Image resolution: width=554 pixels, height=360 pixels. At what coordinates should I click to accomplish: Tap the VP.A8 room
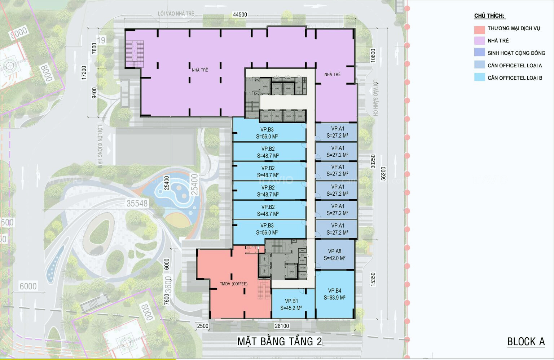click(x=334, y=255)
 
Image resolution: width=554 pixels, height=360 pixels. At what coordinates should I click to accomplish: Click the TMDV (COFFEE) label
click(x=234, y=284)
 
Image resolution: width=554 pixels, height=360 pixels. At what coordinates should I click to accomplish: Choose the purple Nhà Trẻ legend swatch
click(x=479, y=41)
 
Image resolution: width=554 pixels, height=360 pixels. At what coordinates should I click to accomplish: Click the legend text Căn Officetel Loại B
click(x=515, y=78)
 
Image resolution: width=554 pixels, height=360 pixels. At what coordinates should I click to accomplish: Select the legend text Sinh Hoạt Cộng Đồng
click(x=516, y=53)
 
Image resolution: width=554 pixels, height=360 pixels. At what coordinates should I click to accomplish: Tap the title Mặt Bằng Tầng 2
click(x=280, y=341)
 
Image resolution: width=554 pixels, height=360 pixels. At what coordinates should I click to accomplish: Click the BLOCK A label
click(x=526, y=342)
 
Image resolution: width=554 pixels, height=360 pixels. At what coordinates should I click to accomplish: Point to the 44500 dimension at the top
click(x=240, y=15)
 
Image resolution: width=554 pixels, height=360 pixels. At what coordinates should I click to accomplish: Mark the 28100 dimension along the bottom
click(x=282, y=326)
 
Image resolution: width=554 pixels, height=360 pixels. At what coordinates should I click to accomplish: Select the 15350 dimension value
click(x=373, y=279)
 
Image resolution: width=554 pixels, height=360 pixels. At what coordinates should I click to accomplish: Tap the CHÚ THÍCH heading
click(x=489, y=16)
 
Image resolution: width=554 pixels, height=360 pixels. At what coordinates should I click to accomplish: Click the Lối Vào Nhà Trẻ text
click(x=176, y=14)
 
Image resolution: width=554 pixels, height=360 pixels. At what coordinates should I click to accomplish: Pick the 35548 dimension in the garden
click(x=137, y=204)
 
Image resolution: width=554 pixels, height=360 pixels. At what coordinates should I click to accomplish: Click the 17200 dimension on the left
click(x=84, y=72)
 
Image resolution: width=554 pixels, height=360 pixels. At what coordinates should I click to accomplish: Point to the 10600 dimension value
click(x=373, y=55)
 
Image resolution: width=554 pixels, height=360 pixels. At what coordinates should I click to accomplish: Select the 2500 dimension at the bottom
click(x=202, y=326)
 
